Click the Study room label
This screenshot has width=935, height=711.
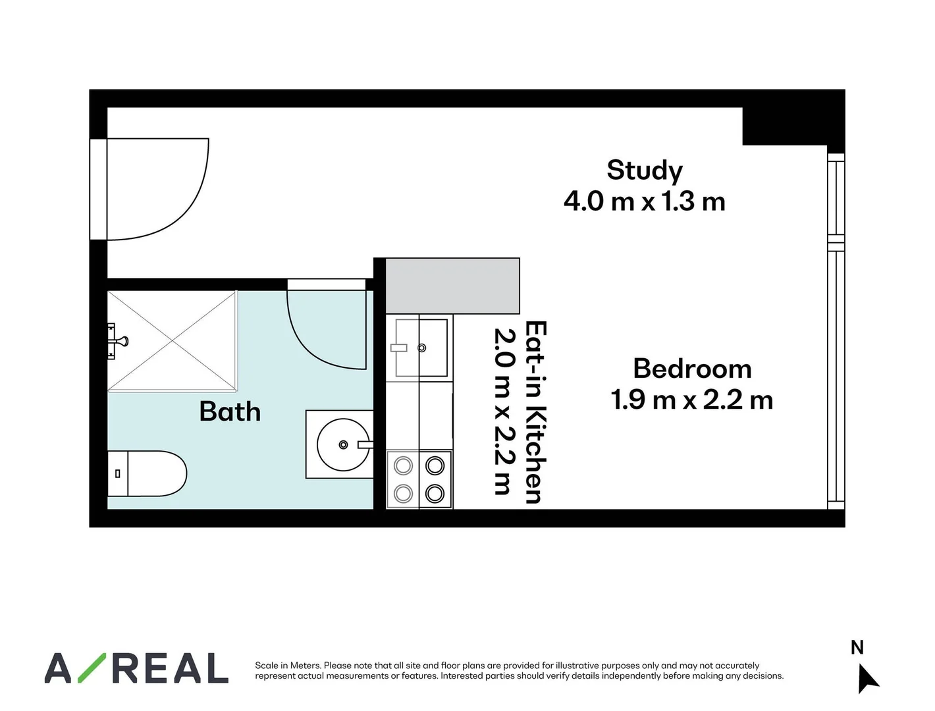coord(645,171)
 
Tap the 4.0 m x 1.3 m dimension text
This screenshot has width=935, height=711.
coord(645,201)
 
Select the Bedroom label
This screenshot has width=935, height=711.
coord(692,369)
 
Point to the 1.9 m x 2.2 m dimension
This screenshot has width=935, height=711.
coord(692,400)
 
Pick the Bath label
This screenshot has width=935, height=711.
coord(230,412)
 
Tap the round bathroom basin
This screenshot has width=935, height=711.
coord(343,445)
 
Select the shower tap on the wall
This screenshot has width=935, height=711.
coord(119,341)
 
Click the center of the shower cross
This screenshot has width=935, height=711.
coord(173,341)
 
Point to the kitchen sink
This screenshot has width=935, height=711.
coord(421,348)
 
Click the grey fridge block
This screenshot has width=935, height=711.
coord(452,286)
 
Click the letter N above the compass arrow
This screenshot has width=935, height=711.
coord(857,648)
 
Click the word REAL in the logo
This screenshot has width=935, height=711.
coord(170,668)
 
